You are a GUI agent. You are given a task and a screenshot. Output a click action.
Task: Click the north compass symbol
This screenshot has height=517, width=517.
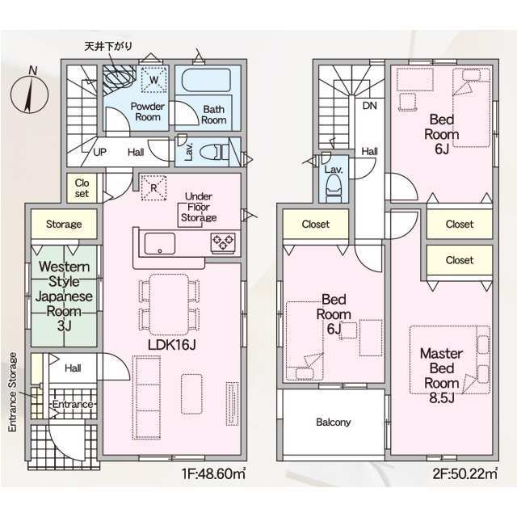tap(30, 93)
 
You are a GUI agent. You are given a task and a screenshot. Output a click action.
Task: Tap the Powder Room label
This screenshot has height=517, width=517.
tap(147, 111)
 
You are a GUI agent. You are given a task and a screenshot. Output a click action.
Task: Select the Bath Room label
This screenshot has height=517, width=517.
tap(213, 115)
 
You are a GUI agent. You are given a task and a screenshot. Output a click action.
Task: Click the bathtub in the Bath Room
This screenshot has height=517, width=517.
tap(206, 81)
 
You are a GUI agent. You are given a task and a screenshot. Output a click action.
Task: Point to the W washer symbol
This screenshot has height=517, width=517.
tap(154, 79)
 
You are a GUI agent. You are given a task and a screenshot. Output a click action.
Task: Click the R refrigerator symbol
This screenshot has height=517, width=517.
tap(153, 187)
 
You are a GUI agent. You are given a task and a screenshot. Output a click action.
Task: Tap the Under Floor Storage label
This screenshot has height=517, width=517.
tap(199, 207)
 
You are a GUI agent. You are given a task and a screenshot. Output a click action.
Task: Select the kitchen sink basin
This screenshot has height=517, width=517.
tap(160, 243)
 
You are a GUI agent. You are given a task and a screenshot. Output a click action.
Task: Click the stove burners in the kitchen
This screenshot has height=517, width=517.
tap(223, 243)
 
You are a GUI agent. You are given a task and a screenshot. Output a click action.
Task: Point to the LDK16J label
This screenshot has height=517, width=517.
tap(172, 345)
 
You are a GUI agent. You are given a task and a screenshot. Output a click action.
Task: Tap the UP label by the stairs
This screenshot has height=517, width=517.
tap(99, 152)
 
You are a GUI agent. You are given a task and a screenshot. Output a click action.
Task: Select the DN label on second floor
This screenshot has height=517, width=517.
tap(370, 106)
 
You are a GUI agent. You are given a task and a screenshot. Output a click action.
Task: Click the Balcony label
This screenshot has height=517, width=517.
tap(333, 422)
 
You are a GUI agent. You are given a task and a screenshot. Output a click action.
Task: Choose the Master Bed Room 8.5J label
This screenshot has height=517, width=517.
tap(442, 376)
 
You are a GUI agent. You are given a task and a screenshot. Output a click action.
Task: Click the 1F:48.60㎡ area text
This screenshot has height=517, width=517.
tap(213, 474)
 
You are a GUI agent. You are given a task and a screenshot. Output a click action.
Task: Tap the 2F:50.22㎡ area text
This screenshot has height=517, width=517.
tap(465, 474)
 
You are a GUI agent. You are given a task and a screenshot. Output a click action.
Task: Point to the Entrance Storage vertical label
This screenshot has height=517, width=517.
tap(13, 392)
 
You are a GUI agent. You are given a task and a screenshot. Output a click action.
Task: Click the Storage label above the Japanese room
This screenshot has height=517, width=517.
tap(64, 225)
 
